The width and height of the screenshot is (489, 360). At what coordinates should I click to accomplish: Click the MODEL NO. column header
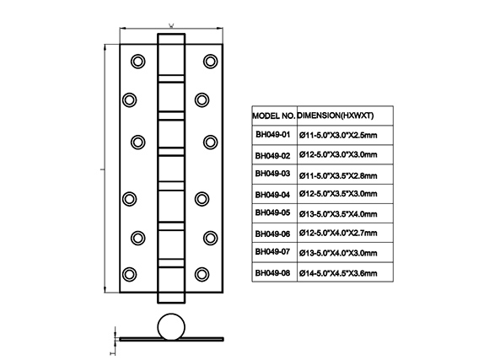point(274,116)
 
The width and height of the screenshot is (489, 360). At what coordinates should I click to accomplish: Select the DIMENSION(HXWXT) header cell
point(336,116)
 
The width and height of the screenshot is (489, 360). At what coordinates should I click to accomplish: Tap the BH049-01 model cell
point(273,134)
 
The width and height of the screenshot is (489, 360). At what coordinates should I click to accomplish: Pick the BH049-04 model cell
point(272,195)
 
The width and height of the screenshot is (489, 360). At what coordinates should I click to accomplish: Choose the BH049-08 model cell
point(272,273)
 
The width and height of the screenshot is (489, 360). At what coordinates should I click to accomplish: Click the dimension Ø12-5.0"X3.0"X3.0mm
point(338,155)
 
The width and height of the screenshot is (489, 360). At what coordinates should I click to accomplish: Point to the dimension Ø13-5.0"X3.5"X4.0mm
point(338,214)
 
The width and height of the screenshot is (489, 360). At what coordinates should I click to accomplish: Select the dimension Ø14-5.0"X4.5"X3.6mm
point(338,273)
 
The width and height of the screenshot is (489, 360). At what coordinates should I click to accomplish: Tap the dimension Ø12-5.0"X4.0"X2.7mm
point(338,233)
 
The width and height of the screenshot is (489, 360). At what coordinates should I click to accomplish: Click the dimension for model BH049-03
point(338,175)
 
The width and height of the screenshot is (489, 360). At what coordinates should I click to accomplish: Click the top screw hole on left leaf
point(137,62)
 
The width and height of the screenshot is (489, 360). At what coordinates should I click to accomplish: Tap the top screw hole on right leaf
point(211,62)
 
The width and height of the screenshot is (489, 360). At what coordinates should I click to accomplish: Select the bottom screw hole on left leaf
point(130,274)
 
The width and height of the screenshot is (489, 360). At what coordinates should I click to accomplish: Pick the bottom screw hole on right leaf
point(202,274)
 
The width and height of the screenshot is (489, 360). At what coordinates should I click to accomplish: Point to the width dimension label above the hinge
point(171,25)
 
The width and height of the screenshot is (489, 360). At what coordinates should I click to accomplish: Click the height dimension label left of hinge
point(101,169)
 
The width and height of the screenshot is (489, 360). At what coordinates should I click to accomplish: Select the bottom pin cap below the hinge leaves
point(171,298)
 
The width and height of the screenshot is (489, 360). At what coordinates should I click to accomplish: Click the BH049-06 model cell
point(272,234)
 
